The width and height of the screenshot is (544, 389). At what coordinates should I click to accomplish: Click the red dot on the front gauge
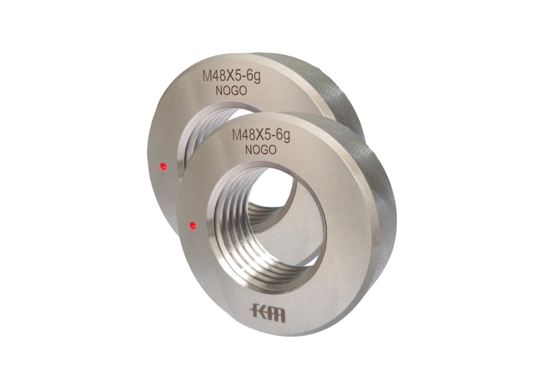click(191, 224)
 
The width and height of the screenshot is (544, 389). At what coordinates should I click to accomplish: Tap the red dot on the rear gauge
click(162, 165)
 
